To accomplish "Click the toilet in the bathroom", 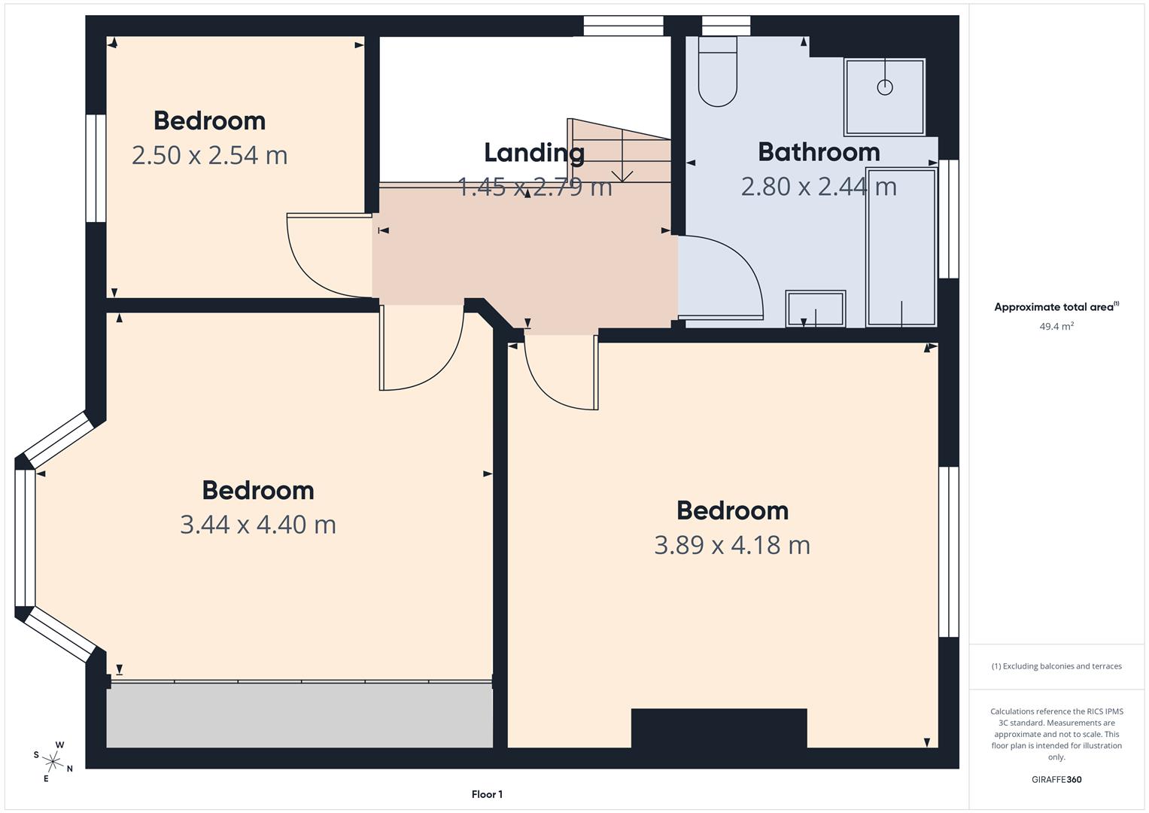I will point(717,72).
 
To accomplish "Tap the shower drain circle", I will point(885,87).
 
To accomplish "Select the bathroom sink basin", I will point(816,309).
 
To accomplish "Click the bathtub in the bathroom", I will point(901,247).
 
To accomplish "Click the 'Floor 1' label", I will point(487,794).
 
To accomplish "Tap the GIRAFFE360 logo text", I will point(1056,779).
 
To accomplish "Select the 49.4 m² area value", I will point(1056,327).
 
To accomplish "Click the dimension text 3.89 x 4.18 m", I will point(731,545).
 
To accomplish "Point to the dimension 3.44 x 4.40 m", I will point(257,525).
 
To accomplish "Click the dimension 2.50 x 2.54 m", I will point(209,156).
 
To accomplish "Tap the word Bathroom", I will point(819,152).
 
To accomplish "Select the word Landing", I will point(533,153).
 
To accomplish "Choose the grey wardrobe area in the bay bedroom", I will point(299,716).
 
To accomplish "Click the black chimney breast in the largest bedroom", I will point(719,728).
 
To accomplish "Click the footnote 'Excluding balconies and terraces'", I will point(1056,666).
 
